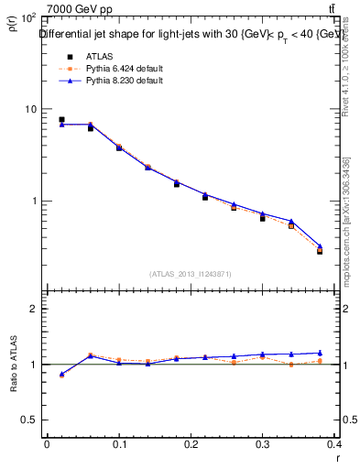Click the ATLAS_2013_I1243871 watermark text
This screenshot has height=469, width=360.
[191, 274]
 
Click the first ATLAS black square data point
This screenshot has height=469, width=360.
[61, 119]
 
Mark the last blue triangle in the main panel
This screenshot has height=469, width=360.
[320, 245]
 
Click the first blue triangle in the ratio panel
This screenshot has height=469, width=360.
[61, 374]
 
